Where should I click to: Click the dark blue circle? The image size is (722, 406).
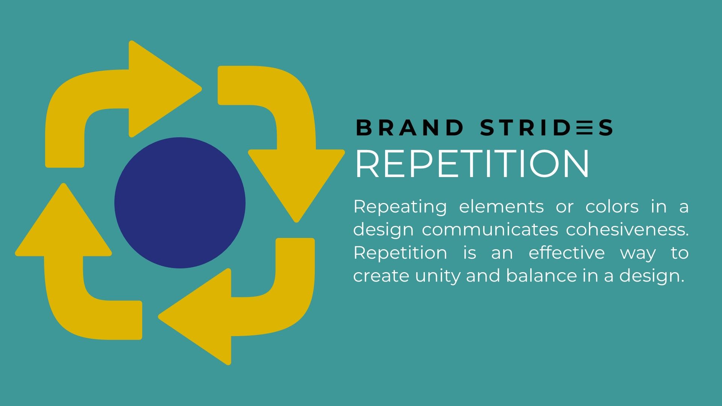click(180, 203)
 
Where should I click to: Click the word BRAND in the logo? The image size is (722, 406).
click(410, 127)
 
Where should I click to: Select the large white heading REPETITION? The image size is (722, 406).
click(472, 164)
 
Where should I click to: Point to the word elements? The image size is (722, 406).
click(501, 207)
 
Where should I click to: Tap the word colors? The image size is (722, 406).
click(612, 207)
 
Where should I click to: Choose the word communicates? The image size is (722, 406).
click(490, 230)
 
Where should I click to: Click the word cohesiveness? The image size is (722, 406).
click(627, 230)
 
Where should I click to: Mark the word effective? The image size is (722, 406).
click(567, 253)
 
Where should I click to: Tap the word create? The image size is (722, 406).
click(382, 276)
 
